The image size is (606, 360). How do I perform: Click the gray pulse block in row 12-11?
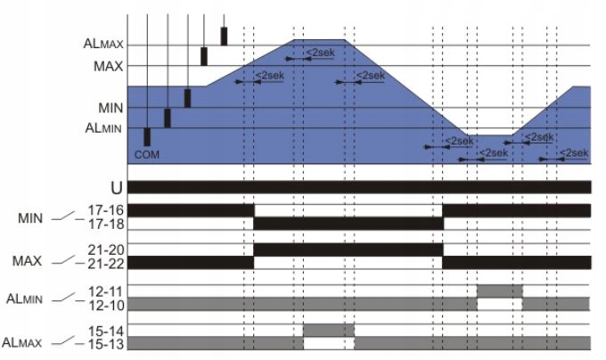(500, 290)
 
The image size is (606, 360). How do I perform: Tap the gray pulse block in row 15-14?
(328, 330)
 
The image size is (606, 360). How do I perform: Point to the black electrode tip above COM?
(147, 136)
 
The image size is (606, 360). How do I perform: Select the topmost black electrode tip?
(224, 36)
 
